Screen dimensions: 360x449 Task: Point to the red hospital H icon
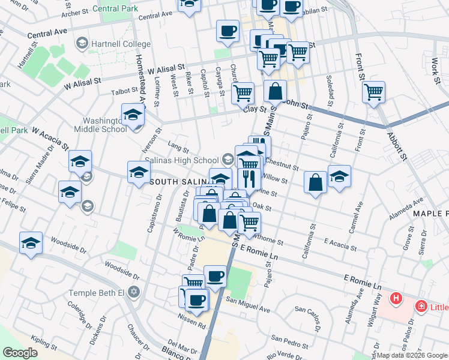point(396,298)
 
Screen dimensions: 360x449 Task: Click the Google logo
point(20,353)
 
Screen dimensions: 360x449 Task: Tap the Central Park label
point(119,8)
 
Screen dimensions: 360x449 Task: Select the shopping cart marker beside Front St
point(373,92)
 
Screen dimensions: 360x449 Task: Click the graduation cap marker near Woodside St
point(31,243)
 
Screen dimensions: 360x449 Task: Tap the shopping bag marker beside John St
point(275,91)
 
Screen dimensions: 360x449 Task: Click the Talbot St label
point(125,91)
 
